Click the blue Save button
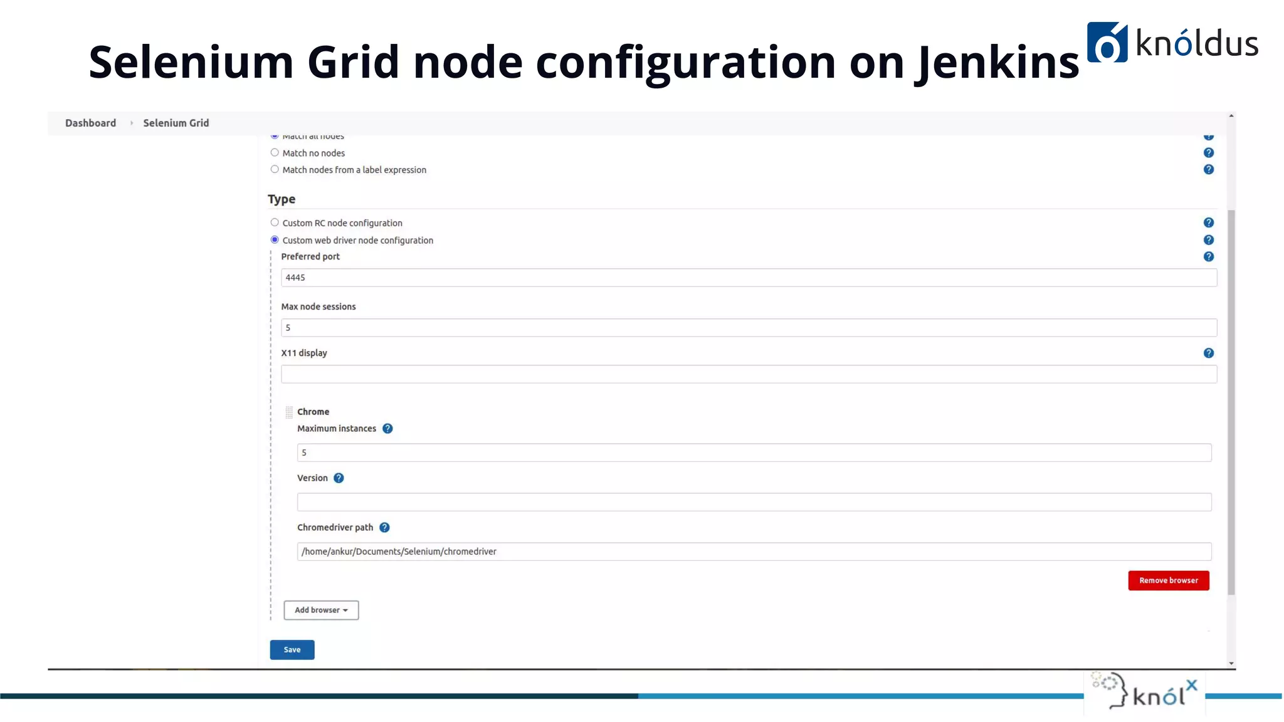pos(292,650)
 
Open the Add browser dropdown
pos(321,610)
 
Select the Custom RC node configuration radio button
pos(275,222)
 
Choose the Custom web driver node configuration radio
pos(275,240)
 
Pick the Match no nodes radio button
pos(275,152)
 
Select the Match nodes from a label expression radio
pos(275,169)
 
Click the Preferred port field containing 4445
pos(749,278)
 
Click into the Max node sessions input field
pos(749,328)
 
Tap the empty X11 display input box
pos(749,374)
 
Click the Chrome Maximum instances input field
pos(754,453)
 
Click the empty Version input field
pos(754,502)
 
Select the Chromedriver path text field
pos(754,552)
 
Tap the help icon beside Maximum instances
pos(387,429)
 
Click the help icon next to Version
pos(339,478)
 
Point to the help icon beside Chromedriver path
pos(384,528)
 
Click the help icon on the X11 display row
pos(1209,353)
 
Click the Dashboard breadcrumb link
pos(90,123)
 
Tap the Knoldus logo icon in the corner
pos(1107,43)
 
